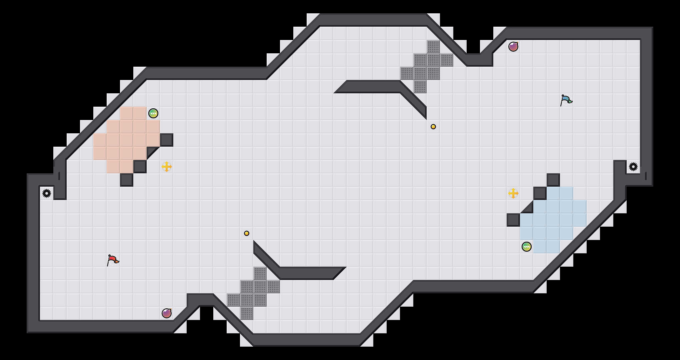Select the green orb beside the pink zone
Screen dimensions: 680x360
(x=153, y=113)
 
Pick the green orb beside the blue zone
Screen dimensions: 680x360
(x=527, y=247)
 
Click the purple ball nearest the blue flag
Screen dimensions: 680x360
(x=513, y=47)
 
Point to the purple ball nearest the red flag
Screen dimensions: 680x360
(x=167, y=313)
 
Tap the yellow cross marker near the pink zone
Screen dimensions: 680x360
(x=167, y=167)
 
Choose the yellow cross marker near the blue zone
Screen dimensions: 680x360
(x=513, y=193)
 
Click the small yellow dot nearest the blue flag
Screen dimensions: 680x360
(x=433, y=127)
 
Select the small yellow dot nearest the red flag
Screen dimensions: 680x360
(x=247, y=233)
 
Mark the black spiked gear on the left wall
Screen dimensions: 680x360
(x=47, y=193)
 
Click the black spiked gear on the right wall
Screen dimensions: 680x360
(x=633, y=167)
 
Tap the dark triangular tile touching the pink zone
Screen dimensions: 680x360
(x=151, y=151)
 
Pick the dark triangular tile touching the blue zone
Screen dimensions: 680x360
(x=529, y=209)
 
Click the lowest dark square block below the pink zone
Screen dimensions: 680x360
(x=127, y=180)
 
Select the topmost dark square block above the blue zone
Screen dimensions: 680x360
(x=553, y=180)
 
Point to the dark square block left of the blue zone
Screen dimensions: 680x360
(x=513, y=220)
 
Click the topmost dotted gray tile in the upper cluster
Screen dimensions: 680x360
(x=433, y=47)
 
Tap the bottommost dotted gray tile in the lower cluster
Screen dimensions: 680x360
(x=247, y=313)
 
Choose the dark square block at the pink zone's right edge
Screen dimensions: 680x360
(x=167, y=140)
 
